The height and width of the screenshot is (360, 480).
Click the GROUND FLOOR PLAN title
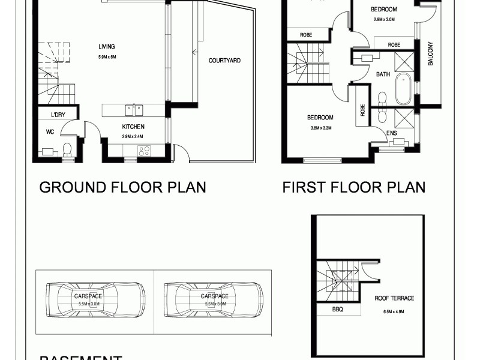tap(122, 187)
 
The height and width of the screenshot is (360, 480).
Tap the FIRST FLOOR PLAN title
tap(354, 187)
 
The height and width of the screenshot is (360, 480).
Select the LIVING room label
tap(107, 47)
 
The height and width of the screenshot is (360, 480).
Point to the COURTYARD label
tap(224, 61)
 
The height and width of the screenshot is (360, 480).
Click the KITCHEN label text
tap(133, 127)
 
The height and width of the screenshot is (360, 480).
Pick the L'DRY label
tap(58, 114)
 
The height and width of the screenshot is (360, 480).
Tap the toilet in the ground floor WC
tap(67, 149)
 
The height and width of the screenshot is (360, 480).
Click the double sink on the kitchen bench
tap(134, 110)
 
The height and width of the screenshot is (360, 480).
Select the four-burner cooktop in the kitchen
tap(144, 151)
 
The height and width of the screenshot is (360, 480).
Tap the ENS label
tap(391, 133)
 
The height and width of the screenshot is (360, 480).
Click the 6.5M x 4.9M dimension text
tap(394, 311)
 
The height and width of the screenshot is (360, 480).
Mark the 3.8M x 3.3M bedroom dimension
tap(320, 128)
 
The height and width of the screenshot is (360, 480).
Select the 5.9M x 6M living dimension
tap(106, 57)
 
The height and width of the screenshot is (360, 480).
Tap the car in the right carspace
tap(214, 299)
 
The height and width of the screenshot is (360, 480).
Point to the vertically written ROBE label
tap(362, 110)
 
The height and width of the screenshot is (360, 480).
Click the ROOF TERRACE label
tap(394, 298)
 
